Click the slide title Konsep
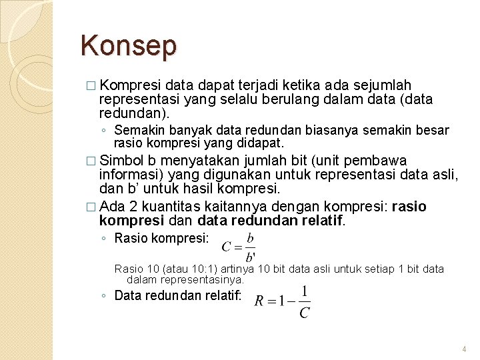129,46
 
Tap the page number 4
464,349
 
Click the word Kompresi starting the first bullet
130,85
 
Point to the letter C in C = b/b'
227,247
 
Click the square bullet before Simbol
91,161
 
